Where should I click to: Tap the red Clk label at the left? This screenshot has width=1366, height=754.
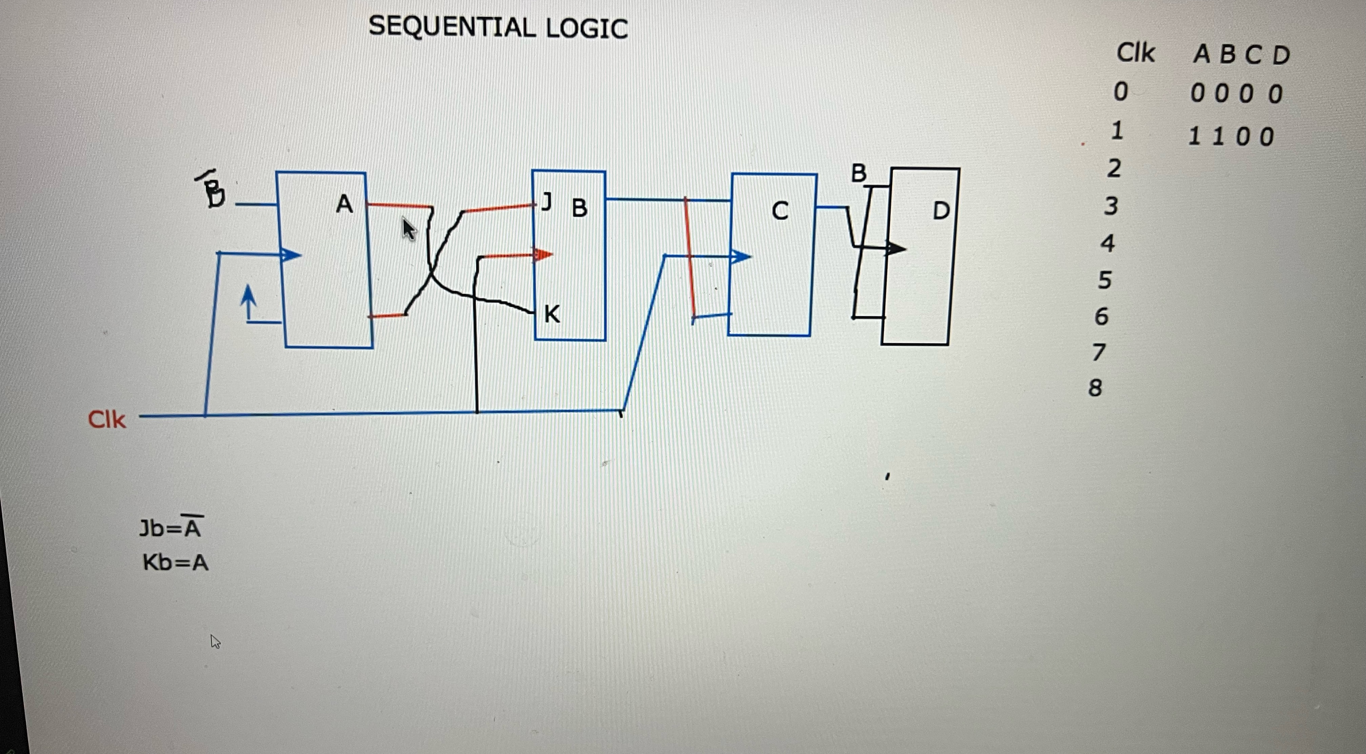[x=107, y=419]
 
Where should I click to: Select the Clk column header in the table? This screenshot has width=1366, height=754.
[x=1135, y=53]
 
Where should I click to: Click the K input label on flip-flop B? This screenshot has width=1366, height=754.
[x=552, y=314]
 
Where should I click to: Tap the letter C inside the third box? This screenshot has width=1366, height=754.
[x=780, y=211]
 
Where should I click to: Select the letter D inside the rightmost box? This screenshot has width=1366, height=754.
[x=941, y=211]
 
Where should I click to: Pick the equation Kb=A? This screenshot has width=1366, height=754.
[x=175, y=562]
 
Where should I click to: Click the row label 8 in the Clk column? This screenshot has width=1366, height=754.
[x=1095, y=388]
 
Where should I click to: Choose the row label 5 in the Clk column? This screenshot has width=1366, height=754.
[x=1104, y=280]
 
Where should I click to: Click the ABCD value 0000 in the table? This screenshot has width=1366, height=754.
[x=1236, y=94]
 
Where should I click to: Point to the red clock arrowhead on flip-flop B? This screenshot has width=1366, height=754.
[x=543, y=255]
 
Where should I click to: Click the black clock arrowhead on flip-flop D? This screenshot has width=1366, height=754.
[x=896, y=248]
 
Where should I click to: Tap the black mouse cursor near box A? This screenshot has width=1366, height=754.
[x=408, y=229]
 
